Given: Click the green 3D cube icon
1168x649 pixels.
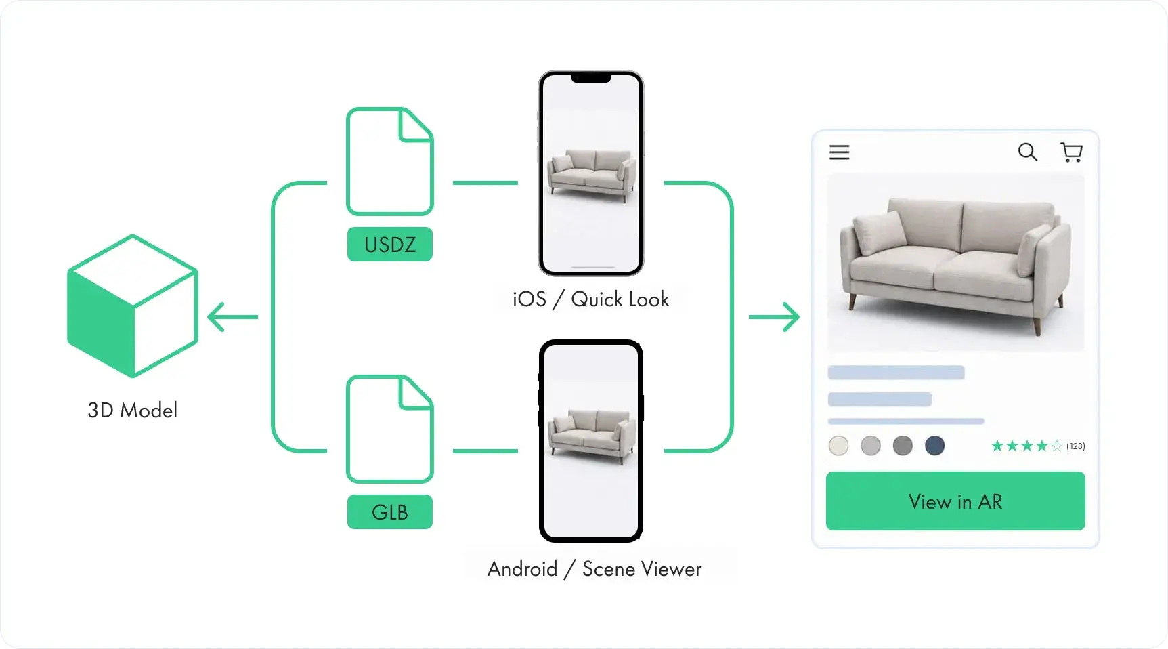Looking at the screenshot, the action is tap(133, 306).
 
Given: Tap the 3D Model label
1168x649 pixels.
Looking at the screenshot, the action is tap(133, 410).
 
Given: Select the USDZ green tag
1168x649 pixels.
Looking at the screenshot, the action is tap(390, 244).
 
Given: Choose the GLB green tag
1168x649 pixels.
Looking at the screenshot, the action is tap(390, 512).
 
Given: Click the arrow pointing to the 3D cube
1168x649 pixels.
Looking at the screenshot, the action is tap(232, 317).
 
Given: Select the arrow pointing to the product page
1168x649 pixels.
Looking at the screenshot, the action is tap(774, 317).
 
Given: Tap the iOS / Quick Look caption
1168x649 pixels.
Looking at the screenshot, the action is tap(590, 299).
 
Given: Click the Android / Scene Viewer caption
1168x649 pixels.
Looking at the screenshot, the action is tap(594, 568).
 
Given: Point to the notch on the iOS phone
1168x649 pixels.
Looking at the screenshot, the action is tap(591, 78).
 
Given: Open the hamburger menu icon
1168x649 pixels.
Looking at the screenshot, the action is tap(840, 152).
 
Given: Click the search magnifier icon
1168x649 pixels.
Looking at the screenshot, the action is tap(1028, 152).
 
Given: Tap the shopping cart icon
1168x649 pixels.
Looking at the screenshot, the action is tap(1071, 152).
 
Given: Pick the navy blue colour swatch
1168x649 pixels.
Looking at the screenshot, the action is tap(935, 446).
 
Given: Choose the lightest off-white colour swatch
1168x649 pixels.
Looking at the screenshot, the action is tap(838, 446).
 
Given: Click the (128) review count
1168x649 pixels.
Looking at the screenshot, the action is tap(1076, 446).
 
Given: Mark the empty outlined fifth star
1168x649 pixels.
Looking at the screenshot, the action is tap(1056, 446).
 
